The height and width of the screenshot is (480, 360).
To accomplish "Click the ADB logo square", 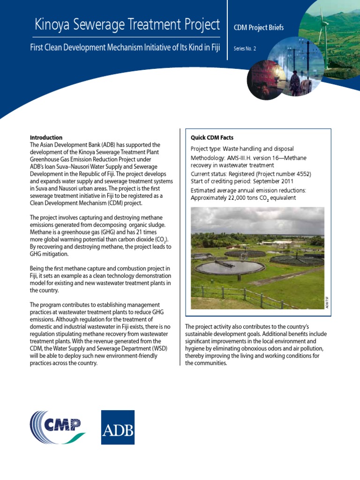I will [x=118, y=427].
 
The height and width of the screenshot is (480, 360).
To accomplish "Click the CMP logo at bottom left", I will [x=58, y=427].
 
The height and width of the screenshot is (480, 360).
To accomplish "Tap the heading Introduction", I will [x=46, y=137].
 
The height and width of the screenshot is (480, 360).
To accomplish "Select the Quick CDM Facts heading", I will [x=212, y=138].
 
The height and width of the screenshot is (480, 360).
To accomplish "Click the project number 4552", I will [x=302, y=174].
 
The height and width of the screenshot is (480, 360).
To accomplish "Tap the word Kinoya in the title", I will [x=53, y=24].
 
